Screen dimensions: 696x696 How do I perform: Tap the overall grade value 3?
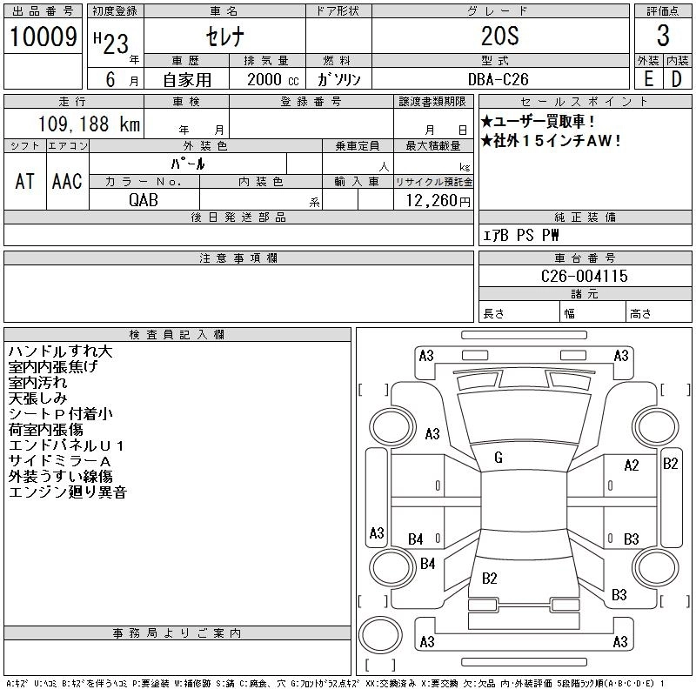click(663, 36)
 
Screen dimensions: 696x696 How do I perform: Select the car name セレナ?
click(224, 37)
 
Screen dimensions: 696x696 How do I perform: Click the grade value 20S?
click(499, 37)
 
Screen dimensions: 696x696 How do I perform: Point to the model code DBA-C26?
click(499, 78)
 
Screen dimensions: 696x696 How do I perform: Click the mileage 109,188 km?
click(89, 124)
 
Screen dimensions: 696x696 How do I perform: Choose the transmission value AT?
click(24, 181)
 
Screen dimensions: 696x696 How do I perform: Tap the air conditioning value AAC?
click(67, 181)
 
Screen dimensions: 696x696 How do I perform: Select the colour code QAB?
click(144, 200)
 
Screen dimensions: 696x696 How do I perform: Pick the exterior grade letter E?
click(648, 78)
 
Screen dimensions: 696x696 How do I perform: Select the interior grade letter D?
click(676, 78)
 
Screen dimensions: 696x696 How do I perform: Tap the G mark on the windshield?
click(499, 458)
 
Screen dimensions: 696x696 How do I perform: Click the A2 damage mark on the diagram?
click(632, 465)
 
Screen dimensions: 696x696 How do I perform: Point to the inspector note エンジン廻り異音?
click(68, 492)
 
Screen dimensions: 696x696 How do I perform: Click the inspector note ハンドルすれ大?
click(60, 352)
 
